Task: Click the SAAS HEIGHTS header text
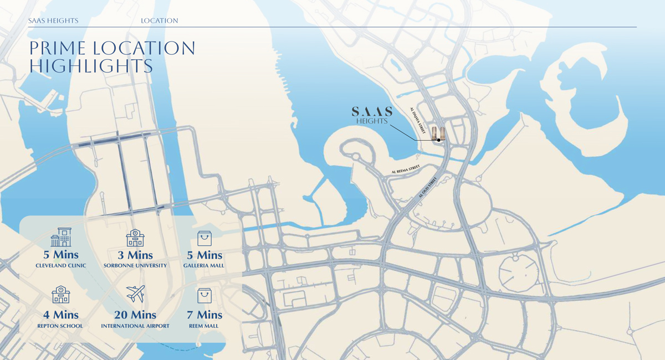[x=53, y=20]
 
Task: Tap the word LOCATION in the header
[x=159, y=20]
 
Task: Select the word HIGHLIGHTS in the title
[x=91, y=66]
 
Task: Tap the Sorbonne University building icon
[x=135, y=238]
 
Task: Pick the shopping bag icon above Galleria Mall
[x=204, y=238]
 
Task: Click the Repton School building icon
[x=61, y=295]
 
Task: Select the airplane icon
[x=135, y=294]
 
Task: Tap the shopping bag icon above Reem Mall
[x=204, y=295]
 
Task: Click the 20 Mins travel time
[x=135, y=315]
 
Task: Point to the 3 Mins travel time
[x=135, y=255]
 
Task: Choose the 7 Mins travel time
[x=204, y=315]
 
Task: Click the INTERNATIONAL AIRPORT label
[x=135, y=326]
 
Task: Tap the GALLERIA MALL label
[x=204, y=266]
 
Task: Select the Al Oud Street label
[x=428, y=188]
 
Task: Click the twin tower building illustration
[x=438, y=133]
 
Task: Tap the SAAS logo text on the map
[x=372, y=111]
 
